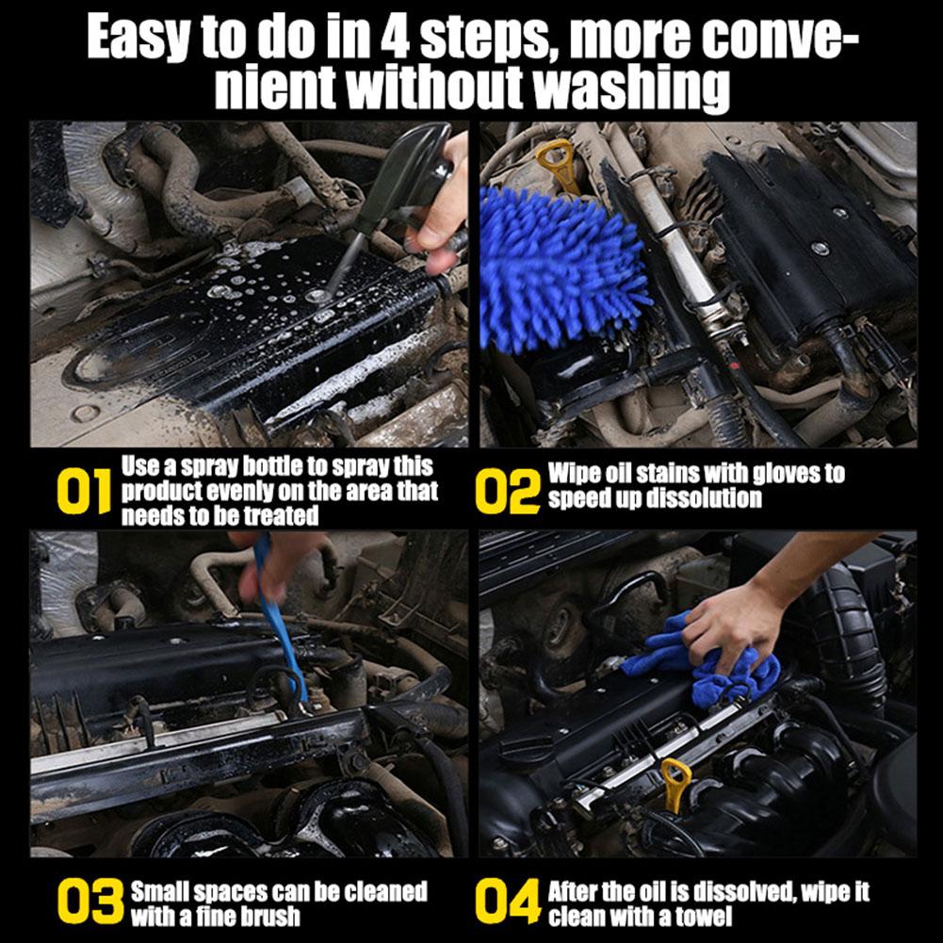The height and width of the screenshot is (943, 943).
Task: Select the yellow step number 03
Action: (89, 902)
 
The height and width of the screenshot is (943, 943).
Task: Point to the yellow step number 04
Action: (508, 902)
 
